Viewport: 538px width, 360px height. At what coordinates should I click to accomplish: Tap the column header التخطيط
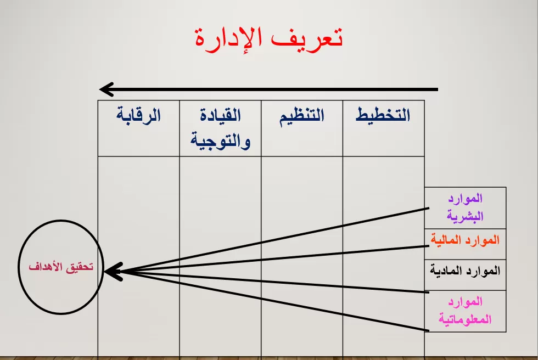(383, 116)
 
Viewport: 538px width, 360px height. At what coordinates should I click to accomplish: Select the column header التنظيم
(301, 116)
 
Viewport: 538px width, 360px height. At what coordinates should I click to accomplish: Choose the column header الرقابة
(138, 116)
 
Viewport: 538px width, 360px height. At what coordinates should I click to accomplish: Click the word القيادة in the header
(221, 116)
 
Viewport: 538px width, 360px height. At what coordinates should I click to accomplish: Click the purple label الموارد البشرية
(465, 207)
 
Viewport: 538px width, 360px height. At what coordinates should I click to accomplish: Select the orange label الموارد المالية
(465, 240)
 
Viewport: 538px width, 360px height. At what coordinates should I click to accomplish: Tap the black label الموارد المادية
(465, 271)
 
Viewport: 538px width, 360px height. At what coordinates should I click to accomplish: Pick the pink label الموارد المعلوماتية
(465, 311)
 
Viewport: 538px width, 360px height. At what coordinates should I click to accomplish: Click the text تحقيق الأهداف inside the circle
(61, 267)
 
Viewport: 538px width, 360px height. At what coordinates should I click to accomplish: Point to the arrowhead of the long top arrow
(105, 89)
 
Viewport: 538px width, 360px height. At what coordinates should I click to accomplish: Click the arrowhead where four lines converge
(111, 271)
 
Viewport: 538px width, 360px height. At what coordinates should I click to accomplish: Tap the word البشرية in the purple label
(465, 216)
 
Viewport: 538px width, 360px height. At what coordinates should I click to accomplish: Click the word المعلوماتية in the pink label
(465, 320)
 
